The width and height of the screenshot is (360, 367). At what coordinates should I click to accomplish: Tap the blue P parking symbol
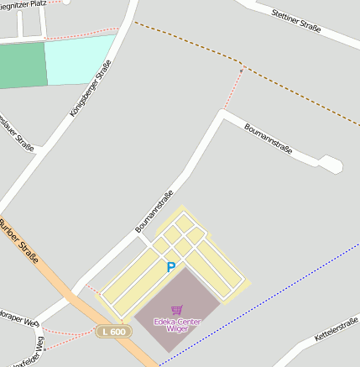click(170, 268)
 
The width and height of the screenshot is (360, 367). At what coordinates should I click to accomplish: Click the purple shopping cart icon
click(176, 310)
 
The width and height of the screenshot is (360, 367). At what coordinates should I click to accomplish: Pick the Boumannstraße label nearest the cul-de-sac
click(268, 138)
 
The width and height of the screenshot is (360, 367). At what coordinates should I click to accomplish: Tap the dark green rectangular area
click(23, 65)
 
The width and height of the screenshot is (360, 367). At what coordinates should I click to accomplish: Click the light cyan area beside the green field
click(80, 59)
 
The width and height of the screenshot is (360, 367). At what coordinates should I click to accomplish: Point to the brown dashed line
click(185, 41)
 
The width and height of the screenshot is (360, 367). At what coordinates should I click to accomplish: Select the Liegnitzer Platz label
click(25, 4)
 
